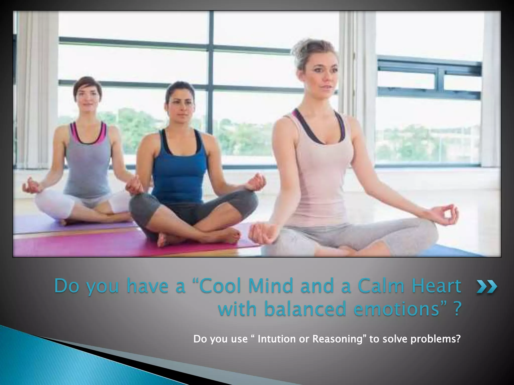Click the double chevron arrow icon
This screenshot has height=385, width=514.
487,287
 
